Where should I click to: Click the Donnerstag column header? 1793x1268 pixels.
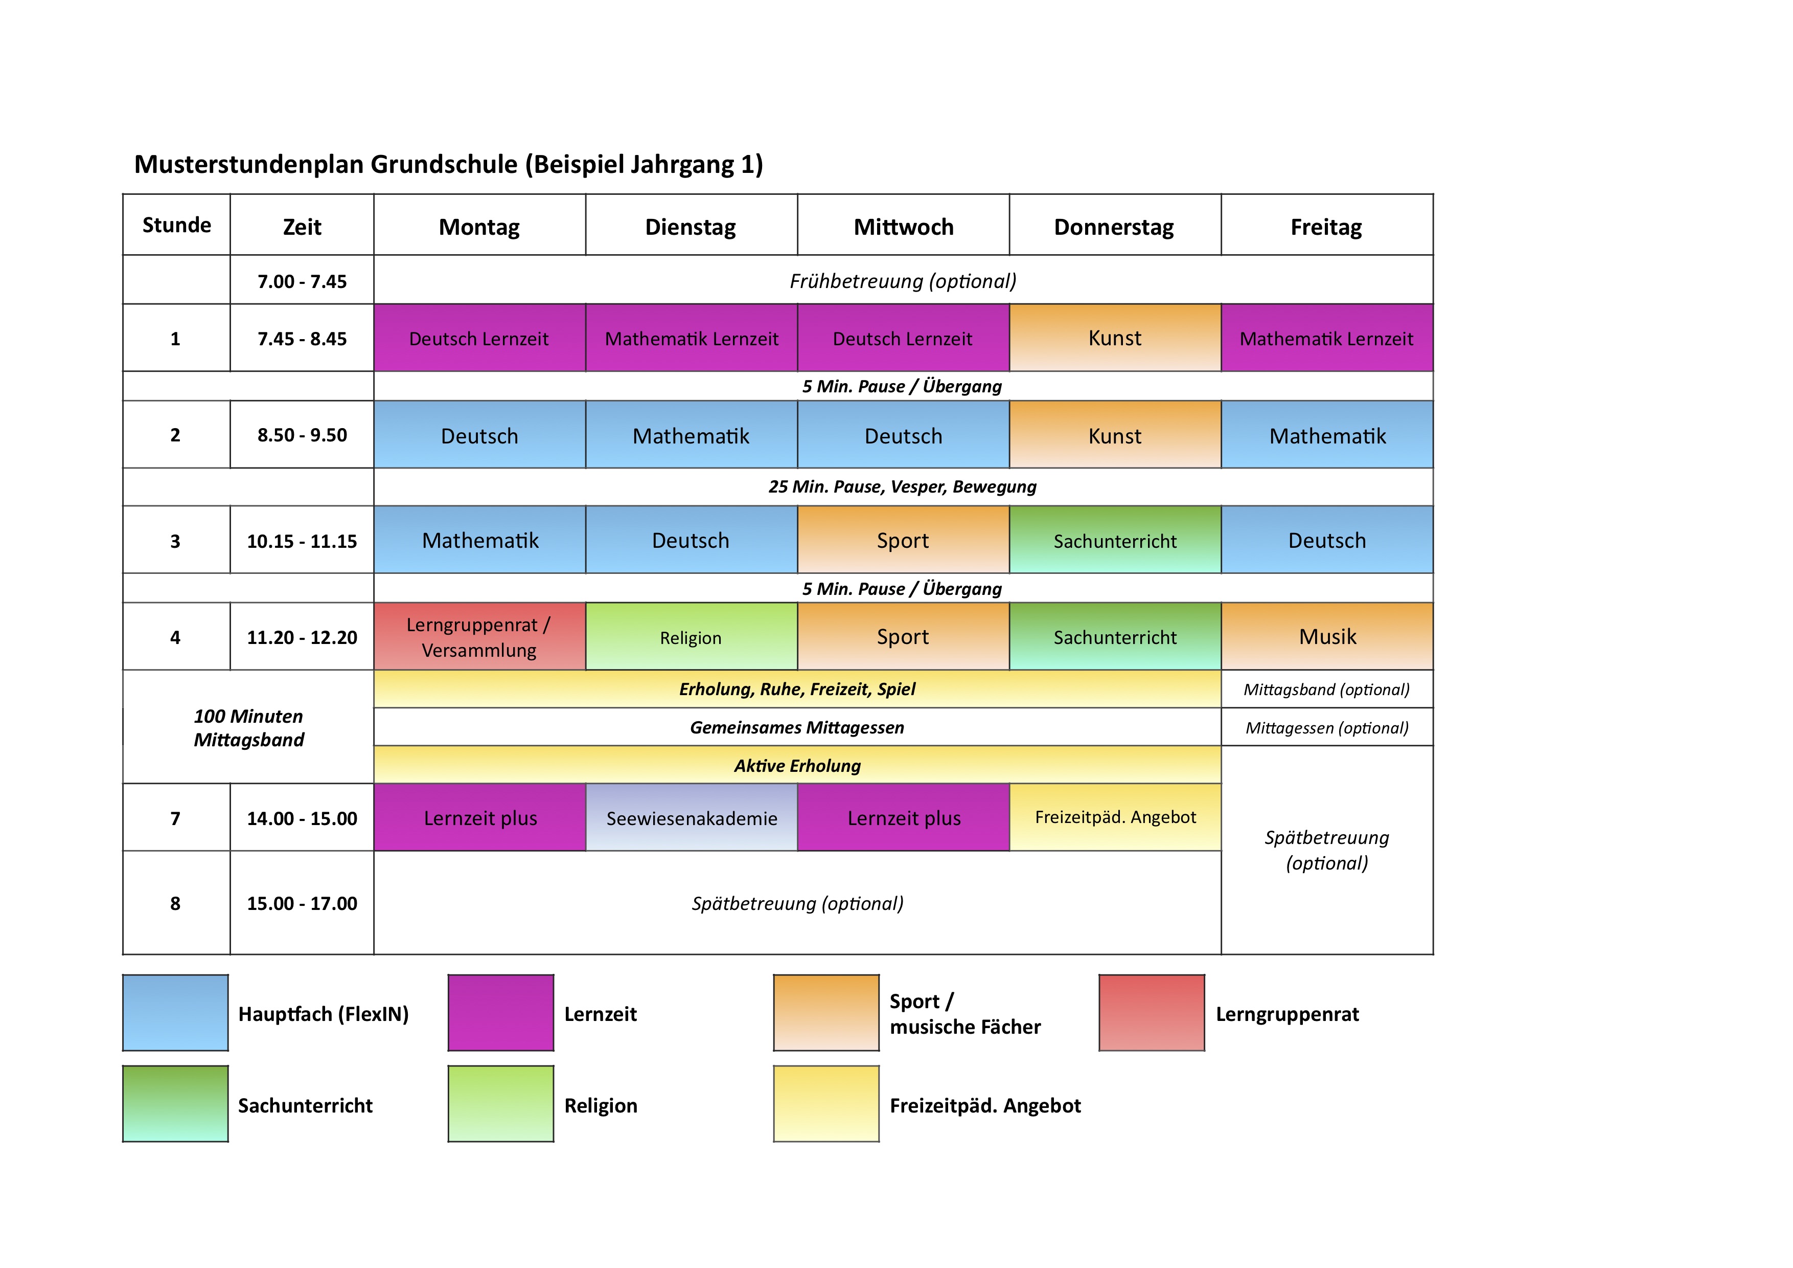pyautogui.click(x=1114, y=227)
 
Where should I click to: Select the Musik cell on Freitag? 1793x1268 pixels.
pyautogui.click(x=1327, y=637)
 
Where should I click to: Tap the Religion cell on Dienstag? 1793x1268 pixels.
pyautogui.click(x=691, y=637)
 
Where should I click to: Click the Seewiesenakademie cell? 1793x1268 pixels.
pyautogui.click(x=691, y=818)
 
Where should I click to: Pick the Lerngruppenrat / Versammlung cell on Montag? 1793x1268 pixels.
pyautogui.click(x=479, y=637)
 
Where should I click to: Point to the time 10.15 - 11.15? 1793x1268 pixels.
pyautogui.click(x=302, y=541)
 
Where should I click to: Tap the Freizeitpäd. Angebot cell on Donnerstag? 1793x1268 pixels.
pyautogui.click(x=1115, y=817)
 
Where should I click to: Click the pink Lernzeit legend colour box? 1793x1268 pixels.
pyautogui.click(x=500, y=1013)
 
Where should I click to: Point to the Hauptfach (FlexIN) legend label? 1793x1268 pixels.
pyautogui.click(x=324, y=1014)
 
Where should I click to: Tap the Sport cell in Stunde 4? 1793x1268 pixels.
pyautogui.click(x=903, y=637)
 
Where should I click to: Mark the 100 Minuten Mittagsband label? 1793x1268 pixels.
pyautogui.click(x=248, y=727)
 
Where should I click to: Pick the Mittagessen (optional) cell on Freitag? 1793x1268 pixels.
pyautogui.click(x=1327, y=727)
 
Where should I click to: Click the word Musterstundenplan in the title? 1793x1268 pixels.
pyautogui.click(x=248, y=164)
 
